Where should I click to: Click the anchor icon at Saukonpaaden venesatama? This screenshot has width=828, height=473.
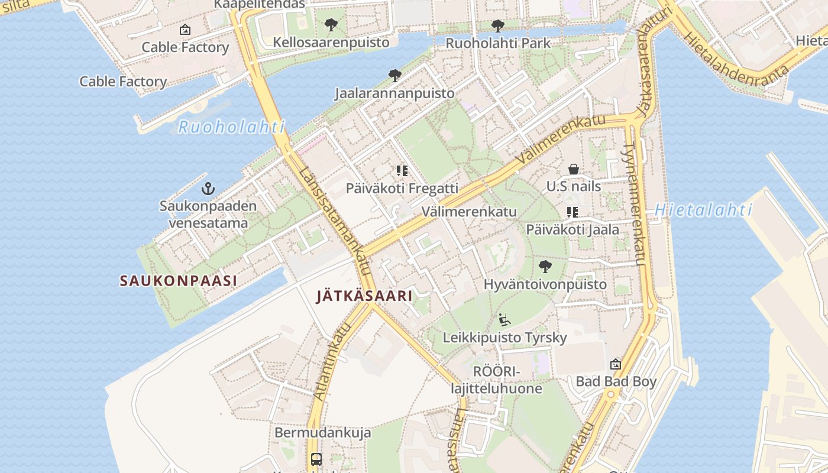(208, 189)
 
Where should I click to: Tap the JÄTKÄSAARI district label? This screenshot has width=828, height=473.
(364, 296)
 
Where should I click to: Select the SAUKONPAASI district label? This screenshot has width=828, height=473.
(178, 281)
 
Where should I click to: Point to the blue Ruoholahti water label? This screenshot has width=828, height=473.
(231, 127)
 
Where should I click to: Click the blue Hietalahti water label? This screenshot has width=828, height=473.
(703, 210)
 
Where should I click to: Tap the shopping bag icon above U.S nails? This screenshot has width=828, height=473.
(573, 170)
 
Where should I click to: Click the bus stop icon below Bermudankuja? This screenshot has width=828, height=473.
(316, 459)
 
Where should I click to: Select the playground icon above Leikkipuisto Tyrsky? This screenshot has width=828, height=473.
(504, 320)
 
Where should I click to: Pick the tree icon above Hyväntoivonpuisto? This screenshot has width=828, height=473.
(545, 267)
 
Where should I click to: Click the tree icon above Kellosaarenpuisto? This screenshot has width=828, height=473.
(331, 25)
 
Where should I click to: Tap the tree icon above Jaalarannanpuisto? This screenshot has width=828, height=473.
(395, 76)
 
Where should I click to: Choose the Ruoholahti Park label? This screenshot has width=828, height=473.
(497, 43)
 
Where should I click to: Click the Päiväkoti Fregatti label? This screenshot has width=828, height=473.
(402, 189)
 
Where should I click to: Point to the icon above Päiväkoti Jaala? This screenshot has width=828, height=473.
(572, 212)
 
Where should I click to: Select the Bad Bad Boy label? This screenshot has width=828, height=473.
(616, 381)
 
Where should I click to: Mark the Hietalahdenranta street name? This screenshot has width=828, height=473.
(736, 60)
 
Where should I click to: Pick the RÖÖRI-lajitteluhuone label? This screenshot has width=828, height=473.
(496, 380)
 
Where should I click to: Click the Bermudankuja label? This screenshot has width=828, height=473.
(322, 433)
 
